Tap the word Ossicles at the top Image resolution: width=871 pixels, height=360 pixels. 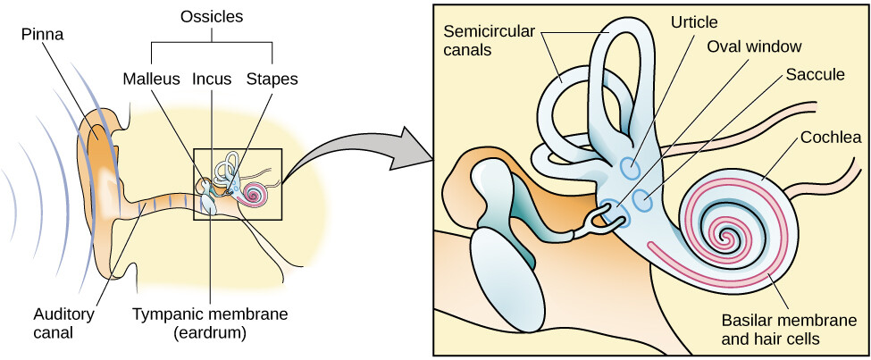click(x=211, y=17)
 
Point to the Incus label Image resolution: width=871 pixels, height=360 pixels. click(x=211, y=79)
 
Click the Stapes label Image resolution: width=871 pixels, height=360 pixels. click(x=272, y=79)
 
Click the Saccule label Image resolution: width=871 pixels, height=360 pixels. click(x=815, y=75)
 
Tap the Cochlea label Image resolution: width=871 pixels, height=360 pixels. click(x=831, y=138)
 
